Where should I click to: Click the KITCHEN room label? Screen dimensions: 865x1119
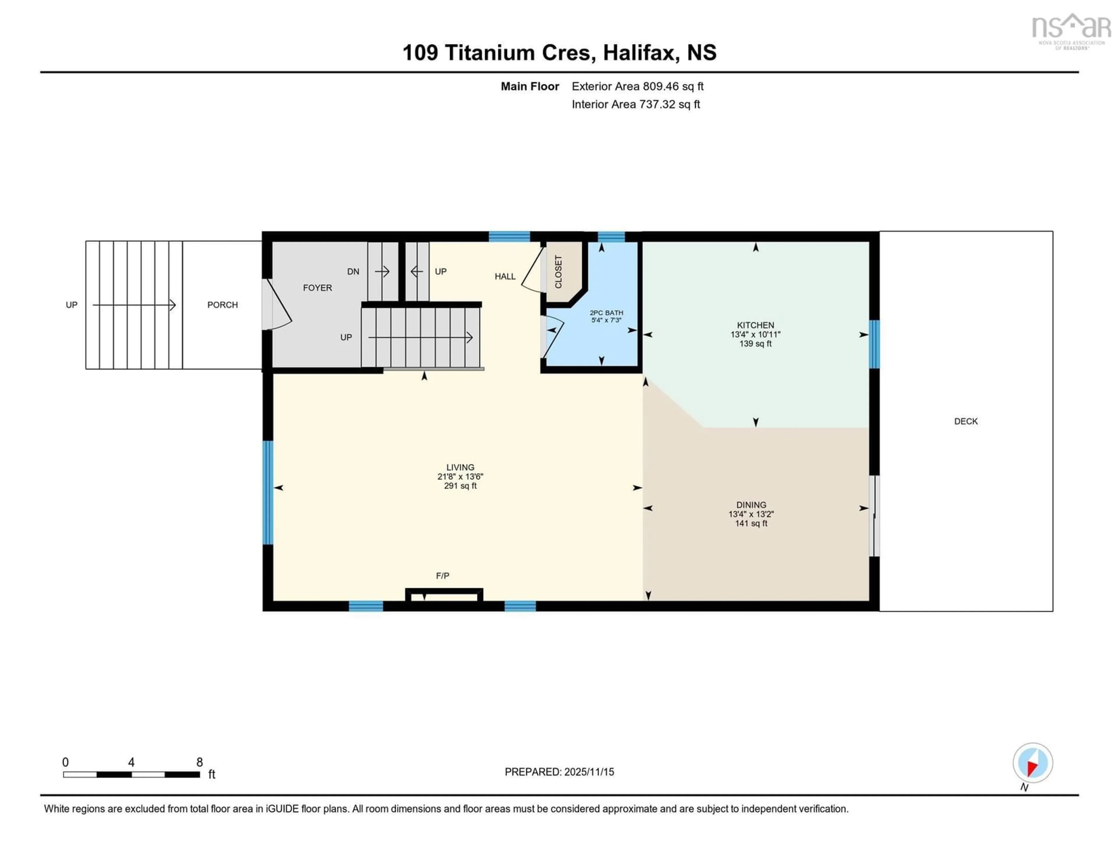coord(755,325)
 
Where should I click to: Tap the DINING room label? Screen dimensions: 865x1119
coord(751,505)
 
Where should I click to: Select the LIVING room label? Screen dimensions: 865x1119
coord(460,467)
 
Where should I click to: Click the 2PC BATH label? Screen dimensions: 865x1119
coord(606,313)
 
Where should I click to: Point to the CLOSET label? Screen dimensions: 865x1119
coord(558,272)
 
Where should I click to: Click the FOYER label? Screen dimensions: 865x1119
coord(317,288)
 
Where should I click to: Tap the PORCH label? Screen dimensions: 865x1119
coord(222,304)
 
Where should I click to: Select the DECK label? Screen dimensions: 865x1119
coord(966,421)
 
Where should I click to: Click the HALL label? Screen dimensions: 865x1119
coord(505,276)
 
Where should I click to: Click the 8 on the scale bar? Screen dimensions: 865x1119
coord(199,762)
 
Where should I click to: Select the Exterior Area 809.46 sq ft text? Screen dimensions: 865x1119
coord(637,86)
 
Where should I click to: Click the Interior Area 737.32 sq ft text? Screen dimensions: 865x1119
coord(635,104)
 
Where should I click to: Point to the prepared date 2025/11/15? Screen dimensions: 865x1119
coord(588,772)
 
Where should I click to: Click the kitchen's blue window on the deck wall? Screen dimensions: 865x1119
coord(875,344)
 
